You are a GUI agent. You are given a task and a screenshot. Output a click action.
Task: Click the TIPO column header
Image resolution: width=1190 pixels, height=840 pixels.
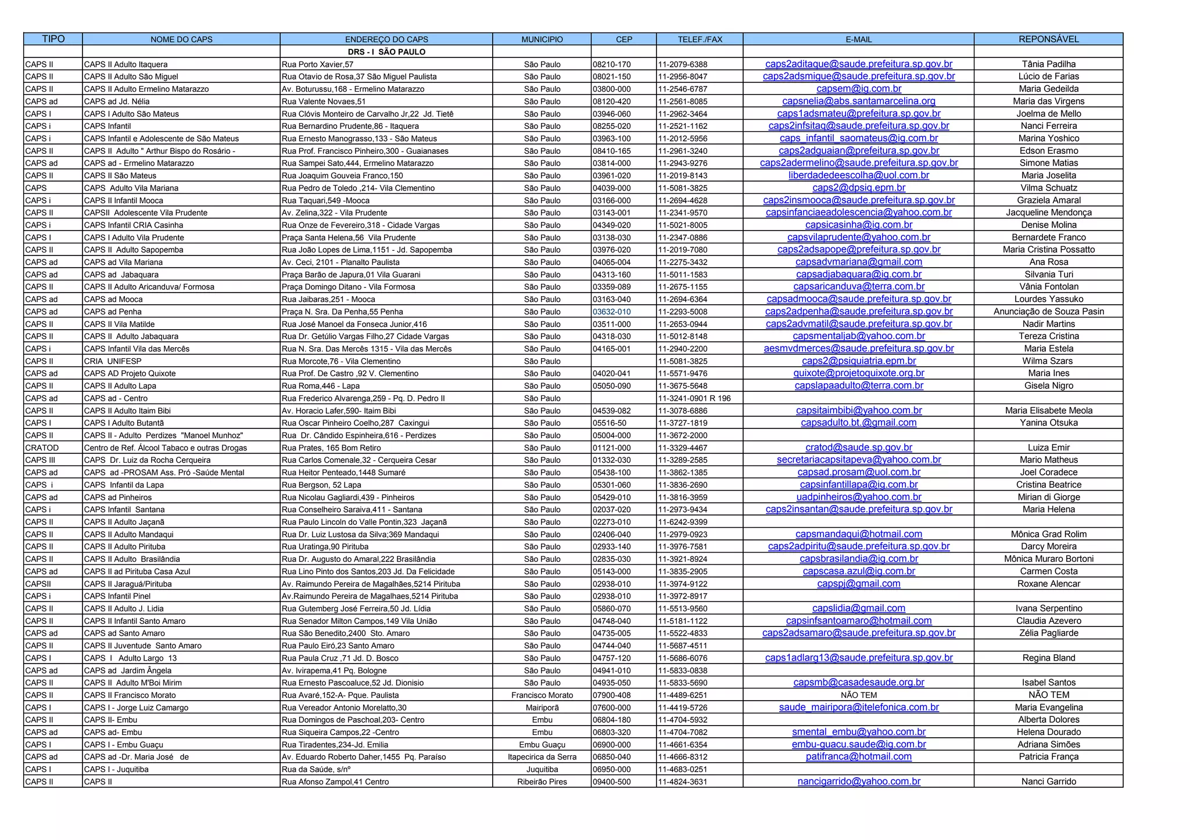click(53, 39)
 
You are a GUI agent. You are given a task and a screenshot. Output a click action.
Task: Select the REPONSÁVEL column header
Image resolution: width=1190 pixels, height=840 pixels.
click(1048, 39)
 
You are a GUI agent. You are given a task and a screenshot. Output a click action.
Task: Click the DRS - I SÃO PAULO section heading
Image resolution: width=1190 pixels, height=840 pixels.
click(386, 52)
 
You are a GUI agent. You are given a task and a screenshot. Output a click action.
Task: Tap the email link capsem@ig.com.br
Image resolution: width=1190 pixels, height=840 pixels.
click(859, 89)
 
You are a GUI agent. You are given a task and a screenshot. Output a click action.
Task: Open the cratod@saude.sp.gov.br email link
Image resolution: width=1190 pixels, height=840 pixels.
click(859, 448)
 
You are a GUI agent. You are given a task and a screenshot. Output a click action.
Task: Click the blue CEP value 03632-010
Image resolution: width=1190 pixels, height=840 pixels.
click(612, 312)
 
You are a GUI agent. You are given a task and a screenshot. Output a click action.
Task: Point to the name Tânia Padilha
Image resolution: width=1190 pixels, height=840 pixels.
click(1048, 64)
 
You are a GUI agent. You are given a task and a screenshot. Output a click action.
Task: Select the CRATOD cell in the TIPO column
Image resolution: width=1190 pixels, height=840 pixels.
click(42, 448)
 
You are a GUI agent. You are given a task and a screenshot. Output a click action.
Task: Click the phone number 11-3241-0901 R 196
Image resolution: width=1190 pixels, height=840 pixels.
click(694, 398)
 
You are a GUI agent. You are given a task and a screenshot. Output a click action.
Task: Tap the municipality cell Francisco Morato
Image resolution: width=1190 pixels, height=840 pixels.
click(542, 695)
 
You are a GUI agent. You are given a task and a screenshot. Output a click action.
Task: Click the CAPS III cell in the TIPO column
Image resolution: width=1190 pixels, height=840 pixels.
click(40, 460)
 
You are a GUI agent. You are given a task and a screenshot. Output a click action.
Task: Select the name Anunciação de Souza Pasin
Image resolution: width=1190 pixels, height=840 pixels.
click(1048, 312)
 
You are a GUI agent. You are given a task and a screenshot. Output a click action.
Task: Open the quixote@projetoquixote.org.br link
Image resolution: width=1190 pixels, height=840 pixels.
click(859, 373)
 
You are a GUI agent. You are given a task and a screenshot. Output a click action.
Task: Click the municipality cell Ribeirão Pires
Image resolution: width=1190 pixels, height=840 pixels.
click(542, 781)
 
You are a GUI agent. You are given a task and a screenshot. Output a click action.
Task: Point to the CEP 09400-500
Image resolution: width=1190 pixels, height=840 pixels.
click(612, 781)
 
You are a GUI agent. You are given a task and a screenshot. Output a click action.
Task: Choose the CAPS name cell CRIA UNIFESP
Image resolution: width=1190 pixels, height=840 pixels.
click(110, 361)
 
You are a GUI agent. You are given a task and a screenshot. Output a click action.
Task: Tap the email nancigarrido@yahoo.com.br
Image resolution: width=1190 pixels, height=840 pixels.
click(859, 781)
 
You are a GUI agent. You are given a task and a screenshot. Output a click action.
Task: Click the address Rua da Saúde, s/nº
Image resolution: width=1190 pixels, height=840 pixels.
click(316, 769)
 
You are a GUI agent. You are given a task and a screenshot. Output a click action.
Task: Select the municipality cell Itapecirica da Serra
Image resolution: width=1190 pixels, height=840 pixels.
click(542, 757)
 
